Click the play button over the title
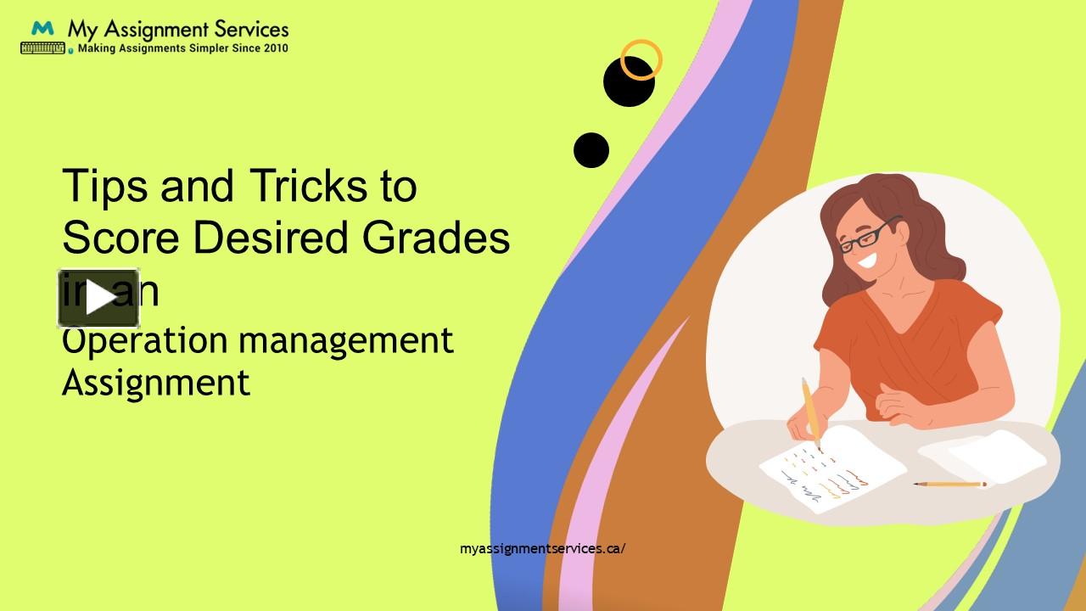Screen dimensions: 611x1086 pos(98,298)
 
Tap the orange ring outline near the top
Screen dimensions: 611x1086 pos(641,60)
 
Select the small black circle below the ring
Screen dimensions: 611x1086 pos(591,150)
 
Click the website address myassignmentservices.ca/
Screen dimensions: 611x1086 pos(543,548)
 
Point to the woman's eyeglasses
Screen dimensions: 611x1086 pos(866,235)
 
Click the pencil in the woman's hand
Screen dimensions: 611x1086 pos(810,412)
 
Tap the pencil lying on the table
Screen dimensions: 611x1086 pos(950,485)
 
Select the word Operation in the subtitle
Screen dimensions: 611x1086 pos(145,340)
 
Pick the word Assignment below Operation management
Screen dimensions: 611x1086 pos(156,382)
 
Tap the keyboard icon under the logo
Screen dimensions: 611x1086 pos(42,48)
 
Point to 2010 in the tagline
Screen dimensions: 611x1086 pos(276,49)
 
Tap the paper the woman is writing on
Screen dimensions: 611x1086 pos(831,471)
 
